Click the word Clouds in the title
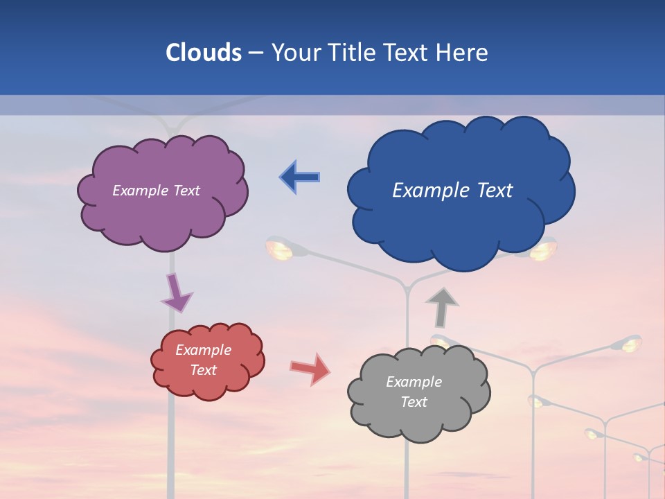204,53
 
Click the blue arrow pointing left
300,177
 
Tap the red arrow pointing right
310,368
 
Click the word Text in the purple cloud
185,191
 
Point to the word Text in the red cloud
204,370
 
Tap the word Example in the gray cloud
414,382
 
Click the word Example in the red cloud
204,350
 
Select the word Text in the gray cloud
414,402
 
